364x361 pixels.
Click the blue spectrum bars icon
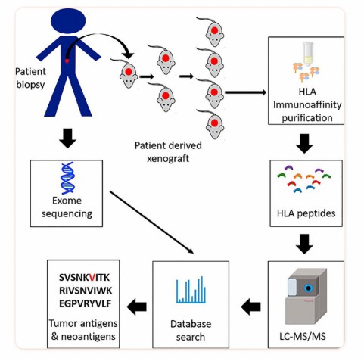coord(186,289)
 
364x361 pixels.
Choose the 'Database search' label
coord(186,330)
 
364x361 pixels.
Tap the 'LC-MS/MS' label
coord(306,334)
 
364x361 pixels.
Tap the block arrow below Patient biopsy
coord(66,138)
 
